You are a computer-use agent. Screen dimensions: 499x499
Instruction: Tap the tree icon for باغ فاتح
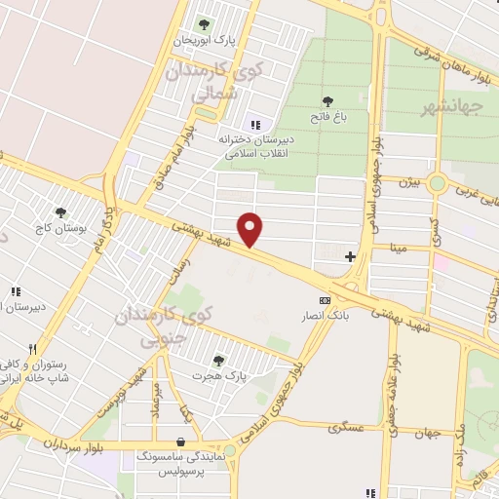tap(327, 100)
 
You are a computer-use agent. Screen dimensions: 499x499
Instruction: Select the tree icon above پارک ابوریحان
tap(204, 24)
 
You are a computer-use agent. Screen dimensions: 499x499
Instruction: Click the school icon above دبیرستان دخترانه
tap(255, 124)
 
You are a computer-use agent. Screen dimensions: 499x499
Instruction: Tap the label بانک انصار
tap(324, 316)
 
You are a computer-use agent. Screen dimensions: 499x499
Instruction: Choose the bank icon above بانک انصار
tap(325, 300)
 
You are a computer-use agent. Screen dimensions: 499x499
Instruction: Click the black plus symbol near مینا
tap(351, 257)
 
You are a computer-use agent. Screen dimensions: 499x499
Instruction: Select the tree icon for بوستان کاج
tap(61, 211)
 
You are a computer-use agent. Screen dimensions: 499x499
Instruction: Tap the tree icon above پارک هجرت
tap(218, 360)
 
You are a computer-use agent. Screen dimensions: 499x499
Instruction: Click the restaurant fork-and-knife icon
tap(33, 349)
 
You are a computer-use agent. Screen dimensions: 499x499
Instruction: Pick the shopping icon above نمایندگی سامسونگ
tap(180, 440)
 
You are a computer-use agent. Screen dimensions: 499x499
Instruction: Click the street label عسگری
tap(347, 426)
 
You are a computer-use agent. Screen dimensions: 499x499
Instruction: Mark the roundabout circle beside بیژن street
tap(438, 182)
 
